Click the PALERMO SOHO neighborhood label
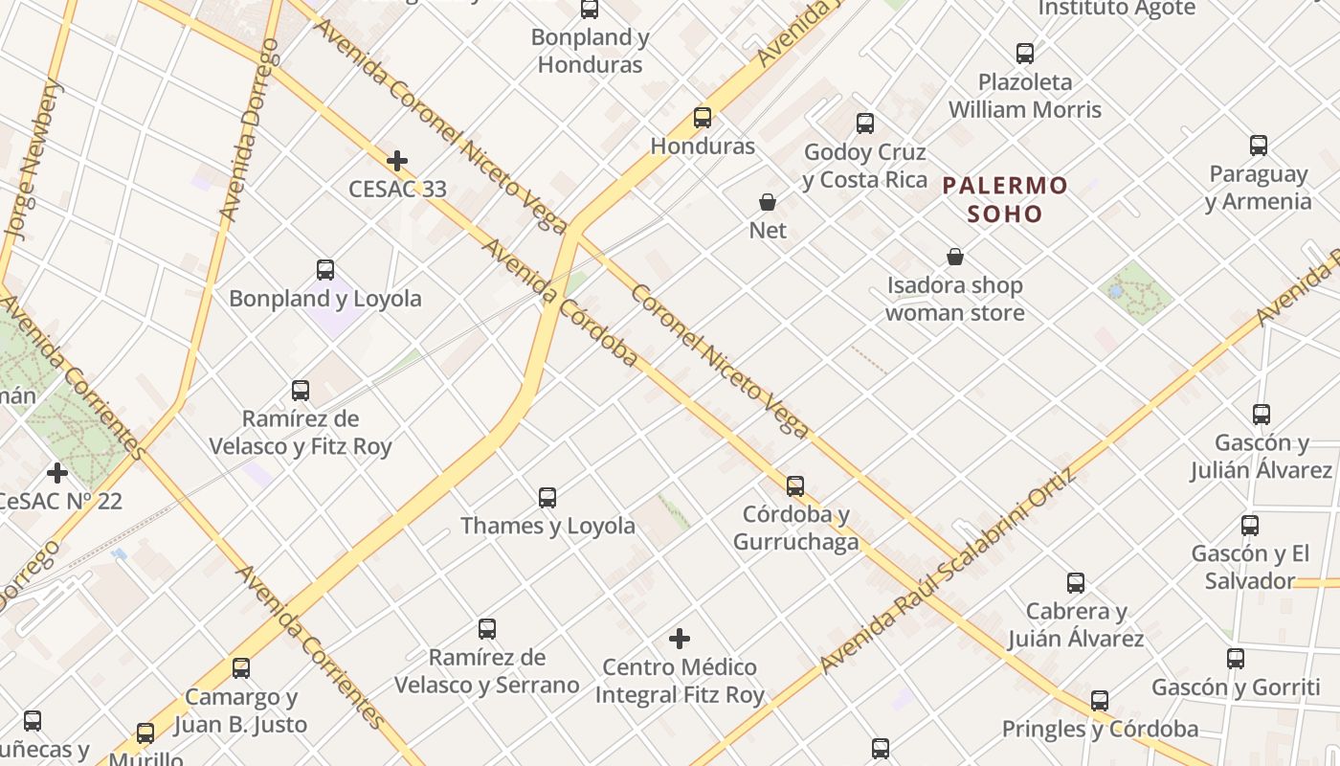point(1004,199)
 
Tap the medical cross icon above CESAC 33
point(396,161)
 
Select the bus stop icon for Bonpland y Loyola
point(325,270)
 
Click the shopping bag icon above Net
point(768,202)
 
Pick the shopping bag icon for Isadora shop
point(954,257)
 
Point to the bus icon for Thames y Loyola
point(547,498)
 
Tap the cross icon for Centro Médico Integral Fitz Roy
point(680,639)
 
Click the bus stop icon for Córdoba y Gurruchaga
point(795,486)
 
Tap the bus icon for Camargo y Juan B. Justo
point(241,668)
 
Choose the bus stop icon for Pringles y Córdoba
point(1100,701)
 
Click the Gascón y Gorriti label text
point(1235,687)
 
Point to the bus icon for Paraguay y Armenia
point(1259,146)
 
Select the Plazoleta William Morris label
point(1025,96)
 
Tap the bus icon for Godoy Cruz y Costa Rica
point(865,124)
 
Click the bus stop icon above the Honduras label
point(703,118)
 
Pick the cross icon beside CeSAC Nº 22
point(57,473)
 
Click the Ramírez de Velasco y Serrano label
point(487,671)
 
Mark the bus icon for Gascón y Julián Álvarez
point(1262,415)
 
